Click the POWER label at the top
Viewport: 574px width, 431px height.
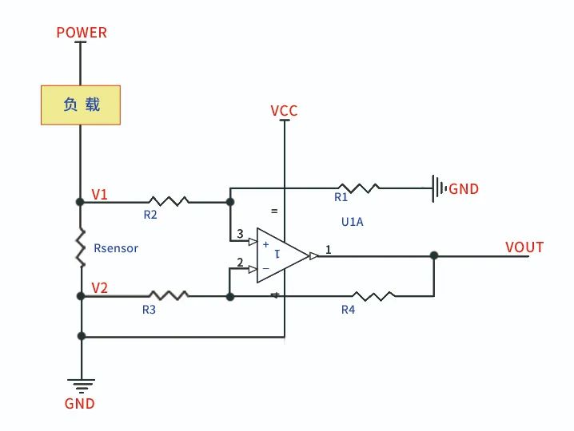pos(82,33)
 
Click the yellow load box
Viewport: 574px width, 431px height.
pos(81,105)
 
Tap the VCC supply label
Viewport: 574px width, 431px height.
pos(284,111)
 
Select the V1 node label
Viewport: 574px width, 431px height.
pos(100,195)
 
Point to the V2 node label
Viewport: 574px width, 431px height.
pos(100,288)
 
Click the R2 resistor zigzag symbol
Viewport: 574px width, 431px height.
pos(169,201)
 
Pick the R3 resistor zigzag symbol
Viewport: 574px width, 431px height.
pos(169,295)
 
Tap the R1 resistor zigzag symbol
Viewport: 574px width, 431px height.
pos(359,188)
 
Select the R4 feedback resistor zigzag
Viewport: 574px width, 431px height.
pos(373,295)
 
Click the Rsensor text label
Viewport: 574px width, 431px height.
pos(116,248)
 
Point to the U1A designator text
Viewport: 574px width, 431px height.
pos(353,222)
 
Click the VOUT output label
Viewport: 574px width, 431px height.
pos(524,247)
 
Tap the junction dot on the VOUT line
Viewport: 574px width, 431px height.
pos(434,255)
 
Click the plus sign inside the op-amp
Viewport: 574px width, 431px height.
pos(266,244)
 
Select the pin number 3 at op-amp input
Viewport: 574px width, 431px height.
pos(240,234)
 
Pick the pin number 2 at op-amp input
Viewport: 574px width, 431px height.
pos(240,262)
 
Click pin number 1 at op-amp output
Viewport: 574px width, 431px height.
pos(328,250)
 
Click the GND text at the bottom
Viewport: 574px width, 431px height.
pos(79,404)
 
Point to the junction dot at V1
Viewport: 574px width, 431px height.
pos(80,202)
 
